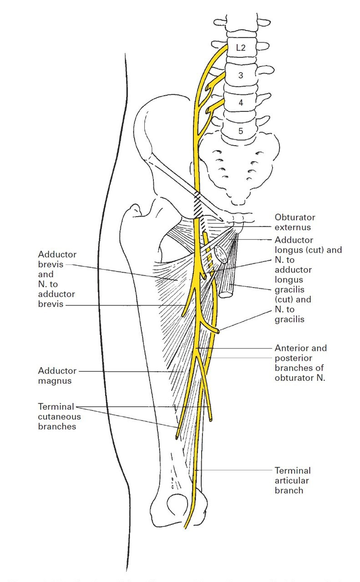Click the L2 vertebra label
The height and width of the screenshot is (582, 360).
click(241, 47)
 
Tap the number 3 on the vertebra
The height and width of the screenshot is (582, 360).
click(241, 76)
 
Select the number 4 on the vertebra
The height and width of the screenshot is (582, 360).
click(241, 103)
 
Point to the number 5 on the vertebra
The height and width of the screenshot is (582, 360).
click(241, 131)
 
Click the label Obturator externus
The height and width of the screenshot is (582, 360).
click(295, 222)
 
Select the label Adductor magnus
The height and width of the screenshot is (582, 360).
click(57, 376)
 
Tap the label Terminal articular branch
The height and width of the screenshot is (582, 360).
click(293, 480)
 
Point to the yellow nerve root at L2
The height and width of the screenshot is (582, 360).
click(218, 54)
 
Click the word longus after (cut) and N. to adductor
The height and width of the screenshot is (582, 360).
click(288, 280)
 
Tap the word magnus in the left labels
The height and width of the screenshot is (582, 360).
click(55, 381)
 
